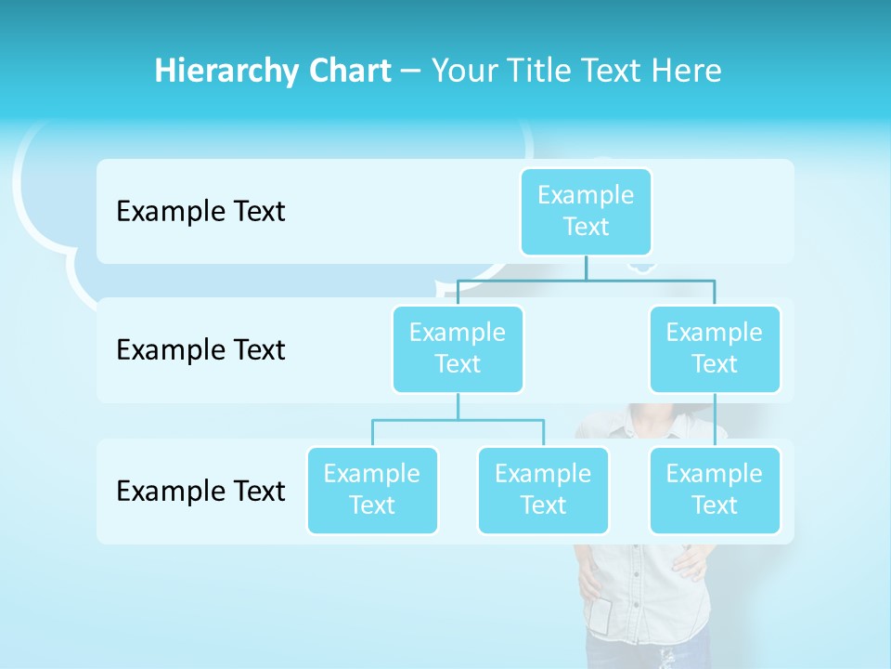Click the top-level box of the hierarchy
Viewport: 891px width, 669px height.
coord(586,211)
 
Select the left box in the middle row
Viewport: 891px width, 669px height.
coord(458,348)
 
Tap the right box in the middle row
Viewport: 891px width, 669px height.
coord(715,348)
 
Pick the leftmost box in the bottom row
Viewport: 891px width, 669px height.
coord(372,490)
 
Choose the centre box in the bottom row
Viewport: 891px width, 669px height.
coord(543,490)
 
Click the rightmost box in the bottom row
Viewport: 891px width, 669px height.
coord(715,490)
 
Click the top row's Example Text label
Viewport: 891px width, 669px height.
coord(200,212)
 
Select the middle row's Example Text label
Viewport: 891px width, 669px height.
coord(200,350)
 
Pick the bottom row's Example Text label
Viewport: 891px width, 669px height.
coord(200,491)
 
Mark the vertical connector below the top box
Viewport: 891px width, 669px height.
coord(586,268)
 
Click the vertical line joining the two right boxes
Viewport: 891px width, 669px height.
coord(715,420)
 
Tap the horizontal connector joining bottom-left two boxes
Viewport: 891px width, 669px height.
coord(458,420)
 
